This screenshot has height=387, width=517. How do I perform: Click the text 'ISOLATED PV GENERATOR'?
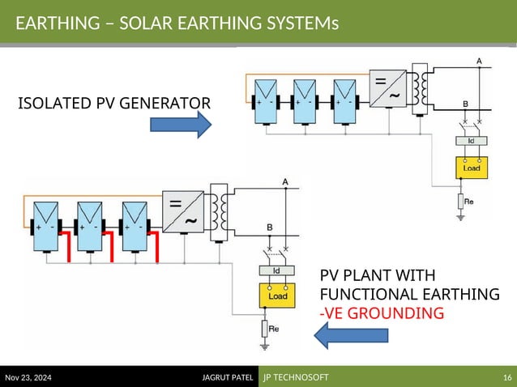(113, 103)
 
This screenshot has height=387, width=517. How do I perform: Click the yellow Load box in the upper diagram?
(471, 168)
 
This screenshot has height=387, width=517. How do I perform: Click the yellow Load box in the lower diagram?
(277, 296)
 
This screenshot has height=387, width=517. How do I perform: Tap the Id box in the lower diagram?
(276, 270)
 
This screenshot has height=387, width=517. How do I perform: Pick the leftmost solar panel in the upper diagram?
(265, 101)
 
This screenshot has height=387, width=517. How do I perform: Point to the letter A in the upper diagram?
(478, 61)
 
